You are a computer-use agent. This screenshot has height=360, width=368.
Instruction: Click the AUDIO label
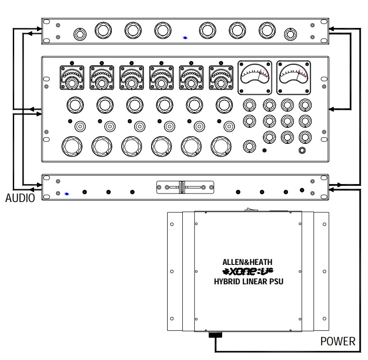point(20,198)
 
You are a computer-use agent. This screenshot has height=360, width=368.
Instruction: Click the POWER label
point(338,341)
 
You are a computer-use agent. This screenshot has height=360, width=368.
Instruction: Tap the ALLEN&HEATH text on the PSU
point(247,262)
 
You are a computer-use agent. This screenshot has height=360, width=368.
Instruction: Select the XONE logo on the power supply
point(248,272)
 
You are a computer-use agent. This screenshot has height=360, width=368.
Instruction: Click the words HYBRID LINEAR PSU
point(249,281)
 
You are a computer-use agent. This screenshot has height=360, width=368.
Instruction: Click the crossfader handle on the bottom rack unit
point(182,187)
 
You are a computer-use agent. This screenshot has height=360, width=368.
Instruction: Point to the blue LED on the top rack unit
point(185,37)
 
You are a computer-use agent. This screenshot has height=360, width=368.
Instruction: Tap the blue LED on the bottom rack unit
point(67,194)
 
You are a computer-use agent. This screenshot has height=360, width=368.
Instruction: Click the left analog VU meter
point(255,78)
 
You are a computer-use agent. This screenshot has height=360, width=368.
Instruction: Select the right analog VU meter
point(294,78)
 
